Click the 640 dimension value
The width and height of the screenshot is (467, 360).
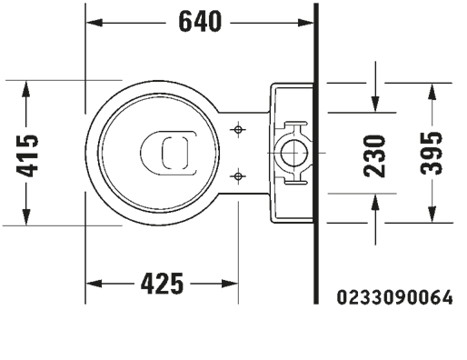pyautogui.click(x=200, y=22)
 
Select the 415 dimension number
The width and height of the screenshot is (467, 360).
pyautogui.click(x=27, y=155)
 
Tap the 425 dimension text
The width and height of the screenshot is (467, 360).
pyautogui.click(x=162, y=284)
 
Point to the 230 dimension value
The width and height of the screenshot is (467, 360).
pyautogui.click(x=374, y=155)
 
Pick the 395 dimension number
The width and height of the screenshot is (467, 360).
pyautogui.click(x=432, y=153)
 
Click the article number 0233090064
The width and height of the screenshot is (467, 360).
pyautogui.click(x=395, y=297)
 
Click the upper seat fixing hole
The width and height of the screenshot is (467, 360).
pyautogui.click(x=238, y=130)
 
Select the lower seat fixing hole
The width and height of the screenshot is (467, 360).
pyautogui.click(x=238, y=175)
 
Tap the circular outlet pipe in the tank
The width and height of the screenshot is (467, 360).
pyautogui.click(x=294, y=153)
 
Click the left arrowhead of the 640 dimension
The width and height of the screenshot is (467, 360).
pyautogui.click(x=94, y=23)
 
